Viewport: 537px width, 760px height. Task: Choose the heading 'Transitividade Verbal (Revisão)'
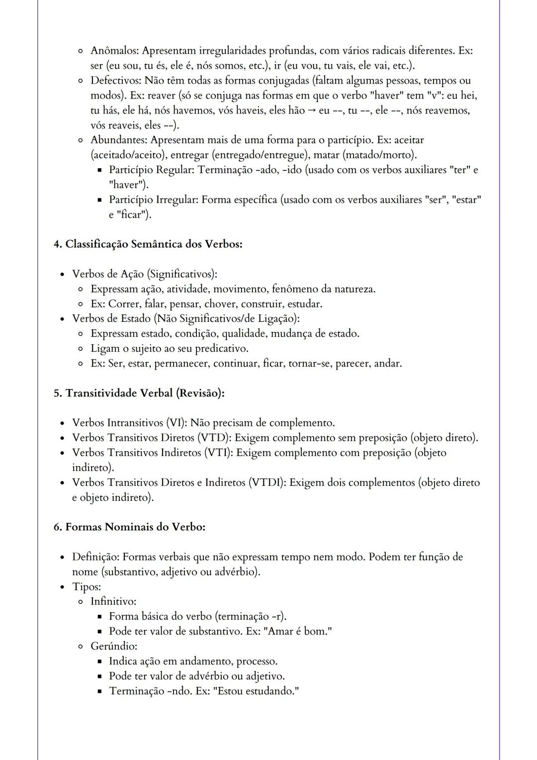(x=139, y=393)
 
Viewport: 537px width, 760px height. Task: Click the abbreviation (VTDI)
(x=267, y=482)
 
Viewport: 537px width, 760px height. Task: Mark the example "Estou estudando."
(x=256, y=691)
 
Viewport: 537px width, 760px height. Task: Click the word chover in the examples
(x=219, y=304)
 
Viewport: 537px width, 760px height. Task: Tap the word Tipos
(x=86, y=587)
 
